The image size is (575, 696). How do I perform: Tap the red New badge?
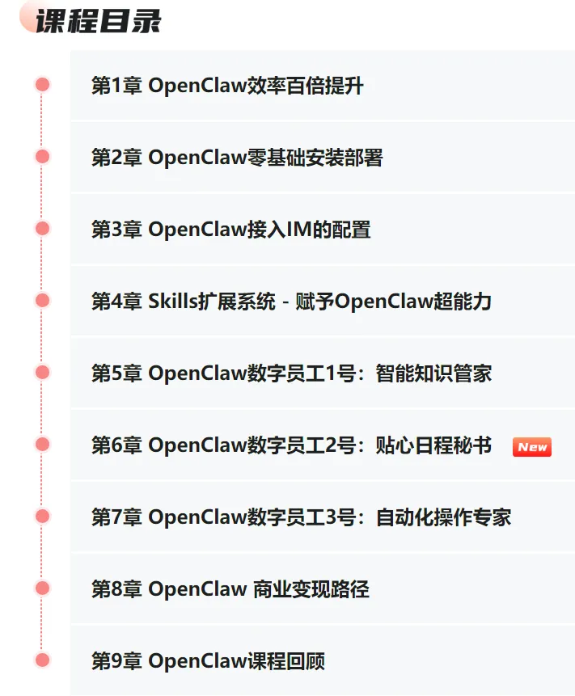531,447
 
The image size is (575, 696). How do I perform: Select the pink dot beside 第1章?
43,85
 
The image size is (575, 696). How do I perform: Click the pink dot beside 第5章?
43,373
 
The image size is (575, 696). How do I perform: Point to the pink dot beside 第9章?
43,660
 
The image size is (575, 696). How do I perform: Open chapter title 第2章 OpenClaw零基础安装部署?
236,158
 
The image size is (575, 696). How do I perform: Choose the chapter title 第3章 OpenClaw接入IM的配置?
230,230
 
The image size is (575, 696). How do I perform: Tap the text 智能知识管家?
433,373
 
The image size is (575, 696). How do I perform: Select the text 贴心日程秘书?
433,445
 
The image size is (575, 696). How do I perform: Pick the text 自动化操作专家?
443,517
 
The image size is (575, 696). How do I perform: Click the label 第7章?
116,517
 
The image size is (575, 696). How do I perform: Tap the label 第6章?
116,445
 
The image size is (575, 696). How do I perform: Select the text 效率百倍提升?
305,86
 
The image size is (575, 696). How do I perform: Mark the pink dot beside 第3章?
43,229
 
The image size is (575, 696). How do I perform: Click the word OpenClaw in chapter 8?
197,589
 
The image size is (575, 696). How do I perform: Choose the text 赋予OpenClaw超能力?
413,302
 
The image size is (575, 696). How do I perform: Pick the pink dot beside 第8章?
43,588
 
